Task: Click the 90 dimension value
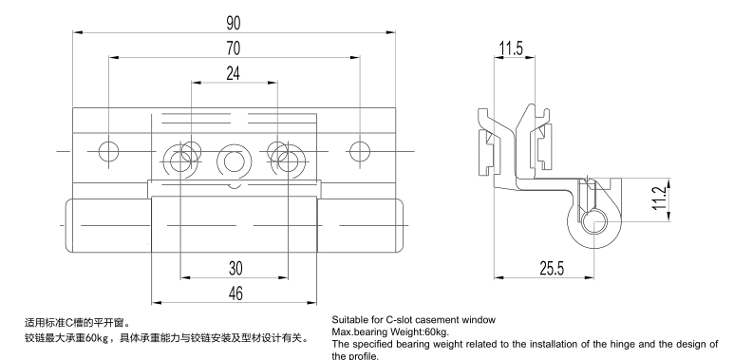234,24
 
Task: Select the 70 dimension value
234,48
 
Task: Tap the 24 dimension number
234,73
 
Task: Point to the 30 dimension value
235,268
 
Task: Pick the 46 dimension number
235,294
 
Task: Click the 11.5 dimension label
511,48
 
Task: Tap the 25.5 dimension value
552,269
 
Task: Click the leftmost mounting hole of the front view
109,151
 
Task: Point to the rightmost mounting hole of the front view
360,152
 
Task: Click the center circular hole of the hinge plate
234,162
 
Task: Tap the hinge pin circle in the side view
594,222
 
